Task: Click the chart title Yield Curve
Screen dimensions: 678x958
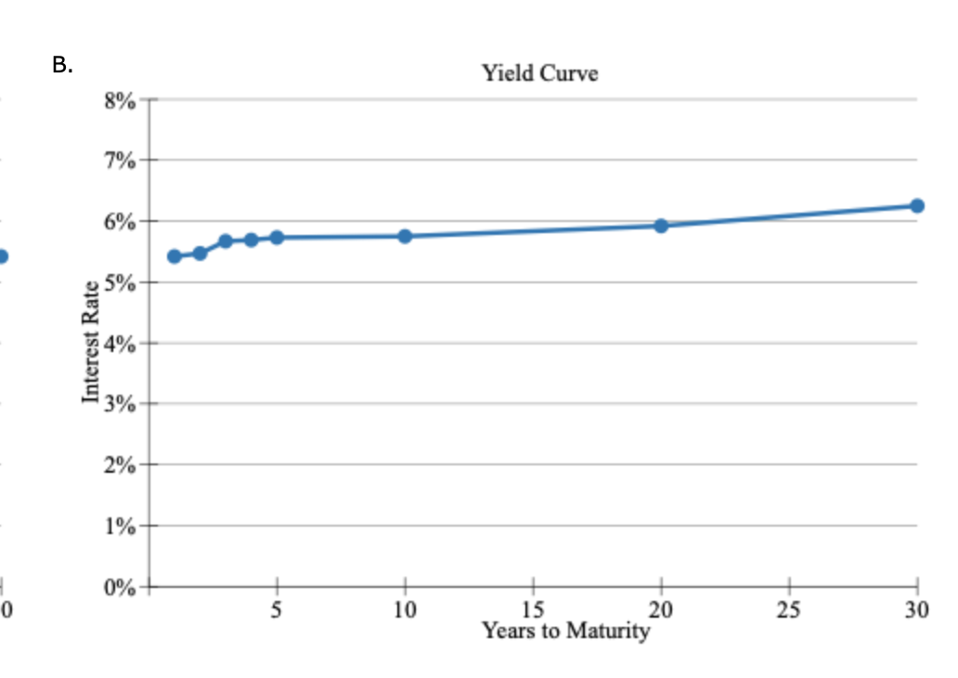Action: tap(539, 73)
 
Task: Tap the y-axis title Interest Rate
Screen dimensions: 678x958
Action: tap(91, 341)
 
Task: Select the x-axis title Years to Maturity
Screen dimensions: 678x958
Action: tap(565, 632)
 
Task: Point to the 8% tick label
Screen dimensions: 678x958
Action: tap(122, 100)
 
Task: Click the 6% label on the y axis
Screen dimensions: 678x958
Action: tap(122, 222)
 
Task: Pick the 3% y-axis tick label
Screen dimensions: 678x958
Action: tap(122, 404)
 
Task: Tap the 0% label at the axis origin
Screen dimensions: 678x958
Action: tap(122, 587)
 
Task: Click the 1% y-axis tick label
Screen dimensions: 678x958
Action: tap(122, 527)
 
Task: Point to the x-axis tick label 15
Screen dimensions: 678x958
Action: tap(533, 609)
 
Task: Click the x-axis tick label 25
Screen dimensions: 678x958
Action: tap(789, 609)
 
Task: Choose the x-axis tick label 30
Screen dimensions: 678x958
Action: tap(916, 609)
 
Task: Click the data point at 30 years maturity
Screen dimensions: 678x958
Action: tap(917, 205)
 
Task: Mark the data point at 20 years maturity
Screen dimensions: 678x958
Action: tap(661, 226)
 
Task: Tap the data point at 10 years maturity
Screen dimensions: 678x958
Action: tap(405, 236)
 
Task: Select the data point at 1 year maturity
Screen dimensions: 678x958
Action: tap(175, 256)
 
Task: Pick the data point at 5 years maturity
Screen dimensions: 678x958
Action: tap(277, 238)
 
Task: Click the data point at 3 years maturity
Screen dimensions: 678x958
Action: tap(226, 241)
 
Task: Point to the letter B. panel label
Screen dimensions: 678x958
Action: tap(62, 65)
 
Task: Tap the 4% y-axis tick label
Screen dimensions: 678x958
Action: tap(122, 344)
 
